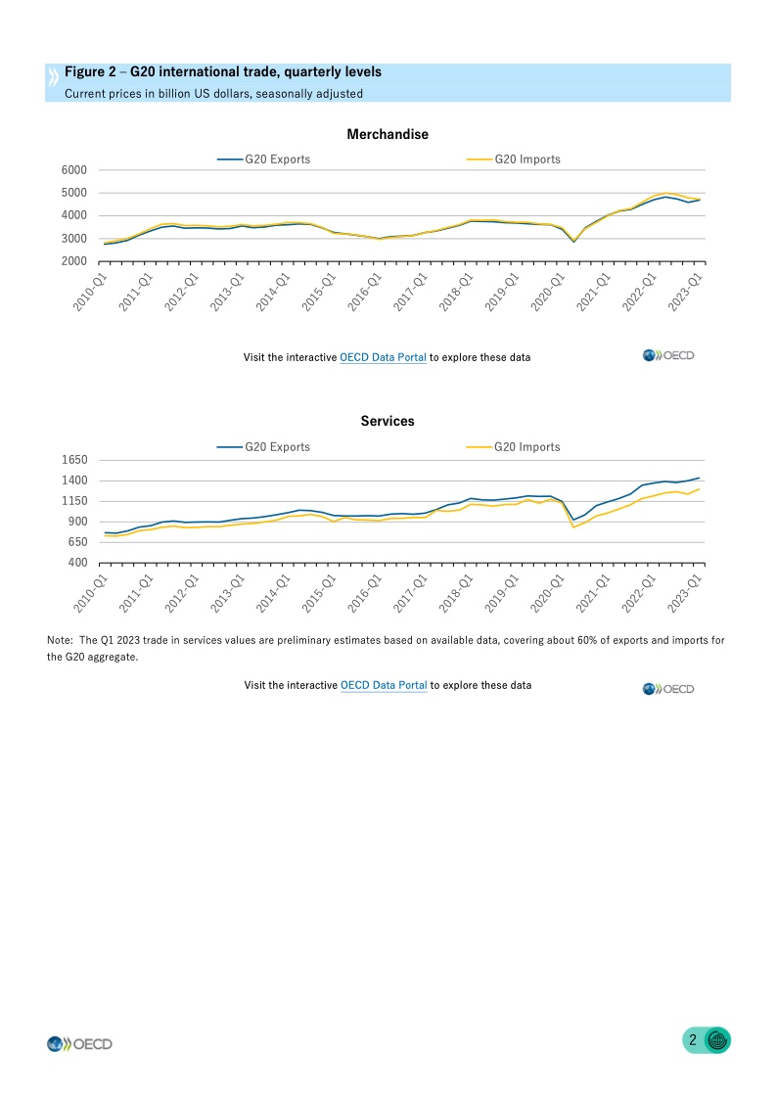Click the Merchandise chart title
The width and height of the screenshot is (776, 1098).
click(388, 134)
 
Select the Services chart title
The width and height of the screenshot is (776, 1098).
click(388, 421)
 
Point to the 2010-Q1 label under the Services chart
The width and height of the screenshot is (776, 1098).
click(90, 593)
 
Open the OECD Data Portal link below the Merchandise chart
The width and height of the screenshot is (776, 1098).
click(383, 357)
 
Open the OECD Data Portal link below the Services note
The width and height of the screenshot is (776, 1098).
click(384, 685)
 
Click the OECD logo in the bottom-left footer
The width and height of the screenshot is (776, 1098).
click(80, 1044)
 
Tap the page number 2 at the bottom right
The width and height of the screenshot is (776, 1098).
click(693, 1040)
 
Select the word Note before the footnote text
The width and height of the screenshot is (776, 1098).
click(60, 640)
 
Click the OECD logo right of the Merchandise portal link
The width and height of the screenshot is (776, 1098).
click(668, 355)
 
